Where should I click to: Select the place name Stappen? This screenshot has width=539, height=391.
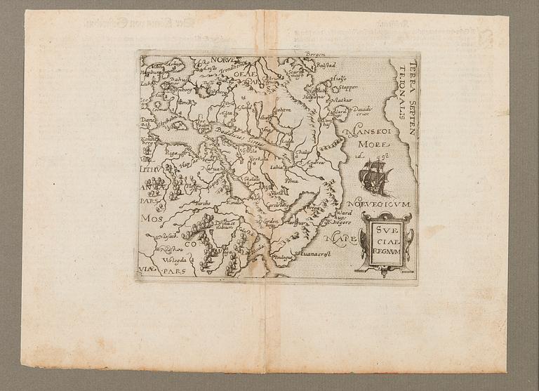(x=345, y=87)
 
